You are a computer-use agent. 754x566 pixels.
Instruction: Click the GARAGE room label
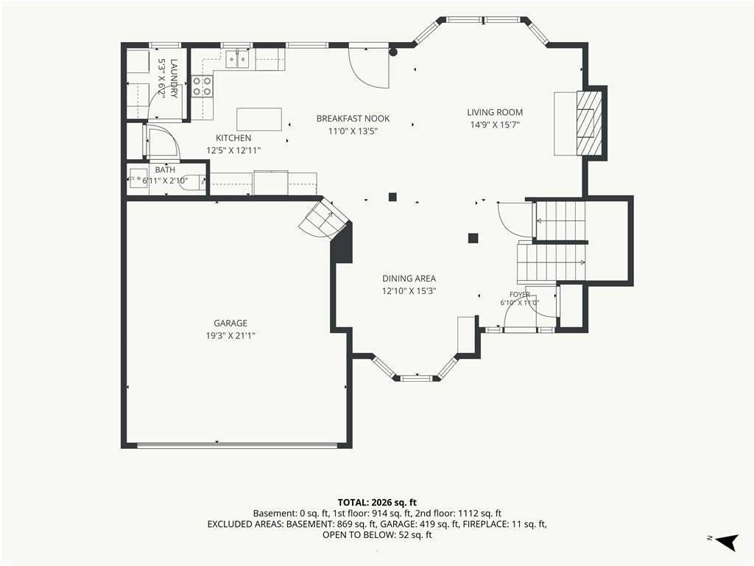point(230,324)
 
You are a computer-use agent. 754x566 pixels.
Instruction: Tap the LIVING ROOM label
point(495,112)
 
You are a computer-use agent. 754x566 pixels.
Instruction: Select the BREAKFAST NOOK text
point(353,119)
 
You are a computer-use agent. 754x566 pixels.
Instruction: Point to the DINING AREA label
point(409,278)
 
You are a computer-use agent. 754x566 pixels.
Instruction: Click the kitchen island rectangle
point(259,119)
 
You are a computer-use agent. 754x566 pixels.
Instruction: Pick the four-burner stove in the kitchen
point(202,86)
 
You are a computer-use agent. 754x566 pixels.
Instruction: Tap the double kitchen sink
point(238,60)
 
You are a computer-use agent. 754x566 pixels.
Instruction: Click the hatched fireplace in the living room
point(590,123)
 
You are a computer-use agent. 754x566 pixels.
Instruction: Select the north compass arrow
point(727,542)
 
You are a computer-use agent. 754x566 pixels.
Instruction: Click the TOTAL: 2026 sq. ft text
point(377,503)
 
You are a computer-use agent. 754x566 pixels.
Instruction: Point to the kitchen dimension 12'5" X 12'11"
point(233,150)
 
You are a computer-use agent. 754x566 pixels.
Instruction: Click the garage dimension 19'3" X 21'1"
point(230,335)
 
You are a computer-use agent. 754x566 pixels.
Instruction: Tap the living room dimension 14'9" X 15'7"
point(495,125)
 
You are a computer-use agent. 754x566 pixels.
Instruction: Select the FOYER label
point(520,295)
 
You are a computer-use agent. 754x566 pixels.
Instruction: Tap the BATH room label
point(165,170)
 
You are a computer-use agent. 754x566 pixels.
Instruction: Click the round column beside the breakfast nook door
point(393,52)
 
